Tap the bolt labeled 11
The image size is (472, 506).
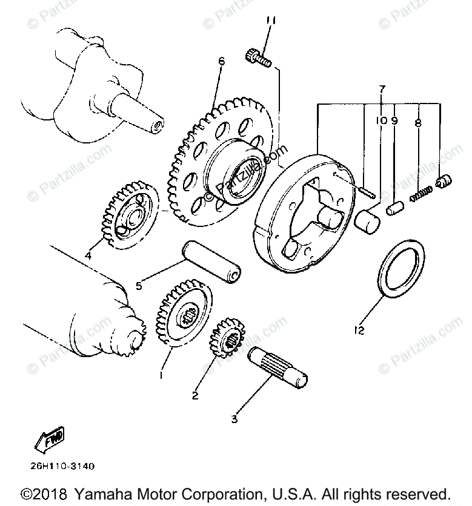pos(257,59)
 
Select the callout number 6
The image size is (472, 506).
pos(221,61)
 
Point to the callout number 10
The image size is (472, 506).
pos(380,120)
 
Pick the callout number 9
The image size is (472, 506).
pos(394,120)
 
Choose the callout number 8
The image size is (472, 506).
pos(417,123)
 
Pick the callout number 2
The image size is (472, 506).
pos(195,396)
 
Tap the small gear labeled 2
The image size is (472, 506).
pos(228,343)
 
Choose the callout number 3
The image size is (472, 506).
pos(234,418)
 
